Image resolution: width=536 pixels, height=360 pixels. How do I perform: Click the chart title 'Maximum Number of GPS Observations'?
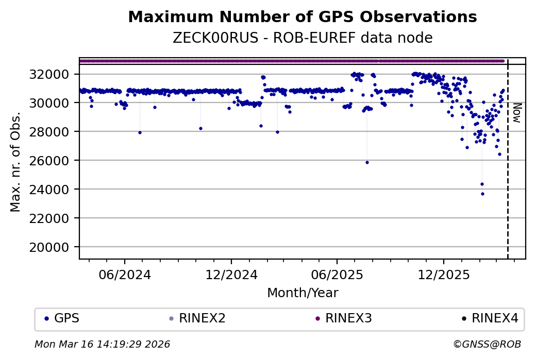[302, 17]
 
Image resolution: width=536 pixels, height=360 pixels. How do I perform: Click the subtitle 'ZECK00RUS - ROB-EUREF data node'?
[302, 38]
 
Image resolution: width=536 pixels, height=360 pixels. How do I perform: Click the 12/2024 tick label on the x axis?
[231, 275]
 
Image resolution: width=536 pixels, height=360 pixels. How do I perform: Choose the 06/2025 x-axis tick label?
[337, 275]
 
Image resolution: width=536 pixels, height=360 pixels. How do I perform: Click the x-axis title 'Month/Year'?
[302, 293]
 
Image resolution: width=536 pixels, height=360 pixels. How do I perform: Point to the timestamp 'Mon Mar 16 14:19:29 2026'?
[102, 345]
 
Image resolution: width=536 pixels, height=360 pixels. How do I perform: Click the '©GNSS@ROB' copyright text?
[487, 345]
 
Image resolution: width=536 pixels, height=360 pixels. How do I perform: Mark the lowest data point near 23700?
[482, 194]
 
